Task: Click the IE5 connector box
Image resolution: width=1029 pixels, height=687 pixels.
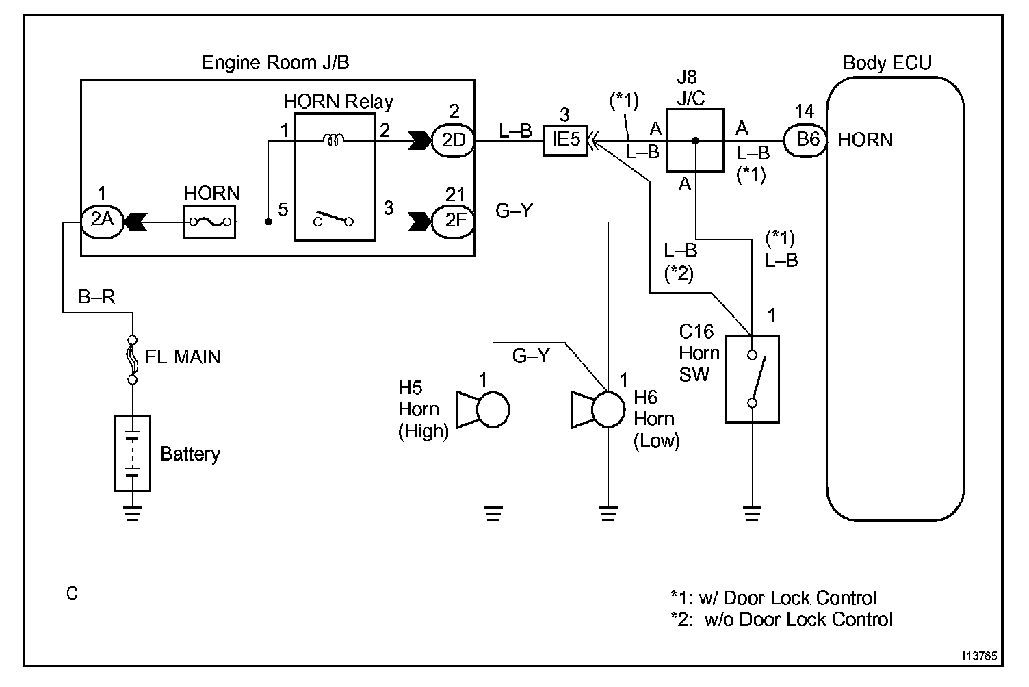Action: tap(565, 140)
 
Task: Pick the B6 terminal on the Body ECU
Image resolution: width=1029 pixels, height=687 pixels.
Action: tap(807, 140)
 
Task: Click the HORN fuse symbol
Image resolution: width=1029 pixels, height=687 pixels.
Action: tap(209, 221)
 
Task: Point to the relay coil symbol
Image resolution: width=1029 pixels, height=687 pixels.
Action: tap(335, 140)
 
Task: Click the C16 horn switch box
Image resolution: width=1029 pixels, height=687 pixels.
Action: tap(752, 378)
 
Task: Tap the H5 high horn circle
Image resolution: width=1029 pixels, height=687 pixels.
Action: tap(493, 410)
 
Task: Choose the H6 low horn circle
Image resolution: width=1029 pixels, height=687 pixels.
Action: tap(608, 410)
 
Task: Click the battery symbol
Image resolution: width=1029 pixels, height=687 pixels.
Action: tap(132, 453)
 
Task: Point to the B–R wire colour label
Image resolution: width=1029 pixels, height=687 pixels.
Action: tap(96, 297)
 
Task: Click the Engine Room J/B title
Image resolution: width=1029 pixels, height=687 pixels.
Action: tap(275, 63)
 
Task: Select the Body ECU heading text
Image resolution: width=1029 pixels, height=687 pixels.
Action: tap(887, 63)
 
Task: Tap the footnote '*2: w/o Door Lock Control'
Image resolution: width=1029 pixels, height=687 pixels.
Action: tap(782, 620)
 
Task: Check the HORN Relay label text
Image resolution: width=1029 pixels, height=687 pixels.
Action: tap(339, 102)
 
